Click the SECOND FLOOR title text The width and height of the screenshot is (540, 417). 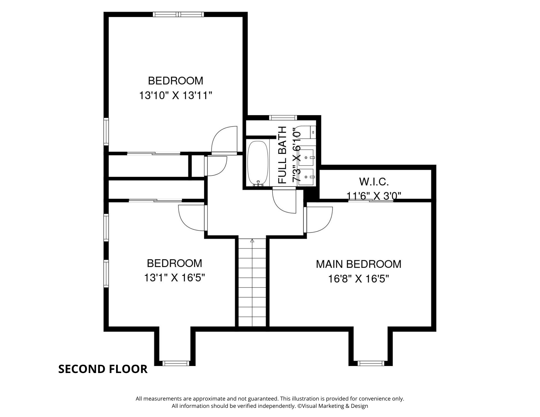[103, 369]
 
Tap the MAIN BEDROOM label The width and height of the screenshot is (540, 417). [359, 264]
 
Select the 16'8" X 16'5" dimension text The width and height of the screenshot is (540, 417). [359, 279]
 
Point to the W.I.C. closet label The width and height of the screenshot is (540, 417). [374, 182]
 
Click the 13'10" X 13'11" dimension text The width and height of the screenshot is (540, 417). [175, 96]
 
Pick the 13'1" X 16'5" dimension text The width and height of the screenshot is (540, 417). [174, 278]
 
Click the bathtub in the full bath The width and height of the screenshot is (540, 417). [258, 164]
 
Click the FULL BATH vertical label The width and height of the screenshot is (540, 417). [282, 155]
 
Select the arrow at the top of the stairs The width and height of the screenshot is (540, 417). [252, 241]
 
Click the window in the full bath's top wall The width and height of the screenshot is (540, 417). [283, 118]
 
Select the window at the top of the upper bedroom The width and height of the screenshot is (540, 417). [178, 14]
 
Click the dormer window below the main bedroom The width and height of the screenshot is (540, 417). [371, 363]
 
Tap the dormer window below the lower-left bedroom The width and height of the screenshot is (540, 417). [177, 363]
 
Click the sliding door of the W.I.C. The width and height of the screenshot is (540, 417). [371, 200]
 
